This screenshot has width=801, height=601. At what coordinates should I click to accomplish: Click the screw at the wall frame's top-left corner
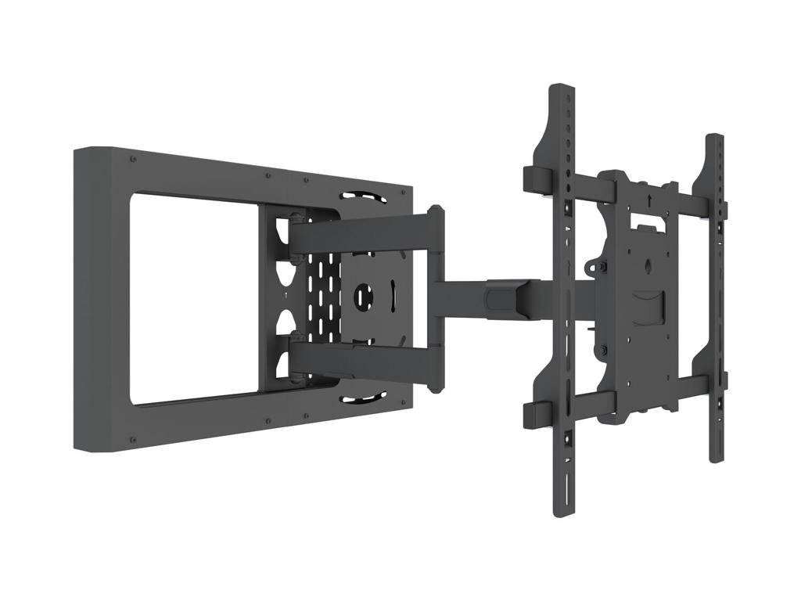134,160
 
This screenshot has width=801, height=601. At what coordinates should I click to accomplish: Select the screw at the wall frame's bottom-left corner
134,440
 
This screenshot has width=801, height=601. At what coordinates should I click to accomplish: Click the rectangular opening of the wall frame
192,297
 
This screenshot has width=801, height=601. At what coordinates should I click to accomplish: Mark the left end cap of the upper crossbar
534,178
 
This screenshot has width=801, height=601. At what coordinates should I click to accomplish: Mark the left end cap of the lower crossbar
534,415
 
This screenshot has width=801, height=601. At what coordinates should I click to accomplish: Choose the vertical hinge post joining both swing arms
435,297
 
